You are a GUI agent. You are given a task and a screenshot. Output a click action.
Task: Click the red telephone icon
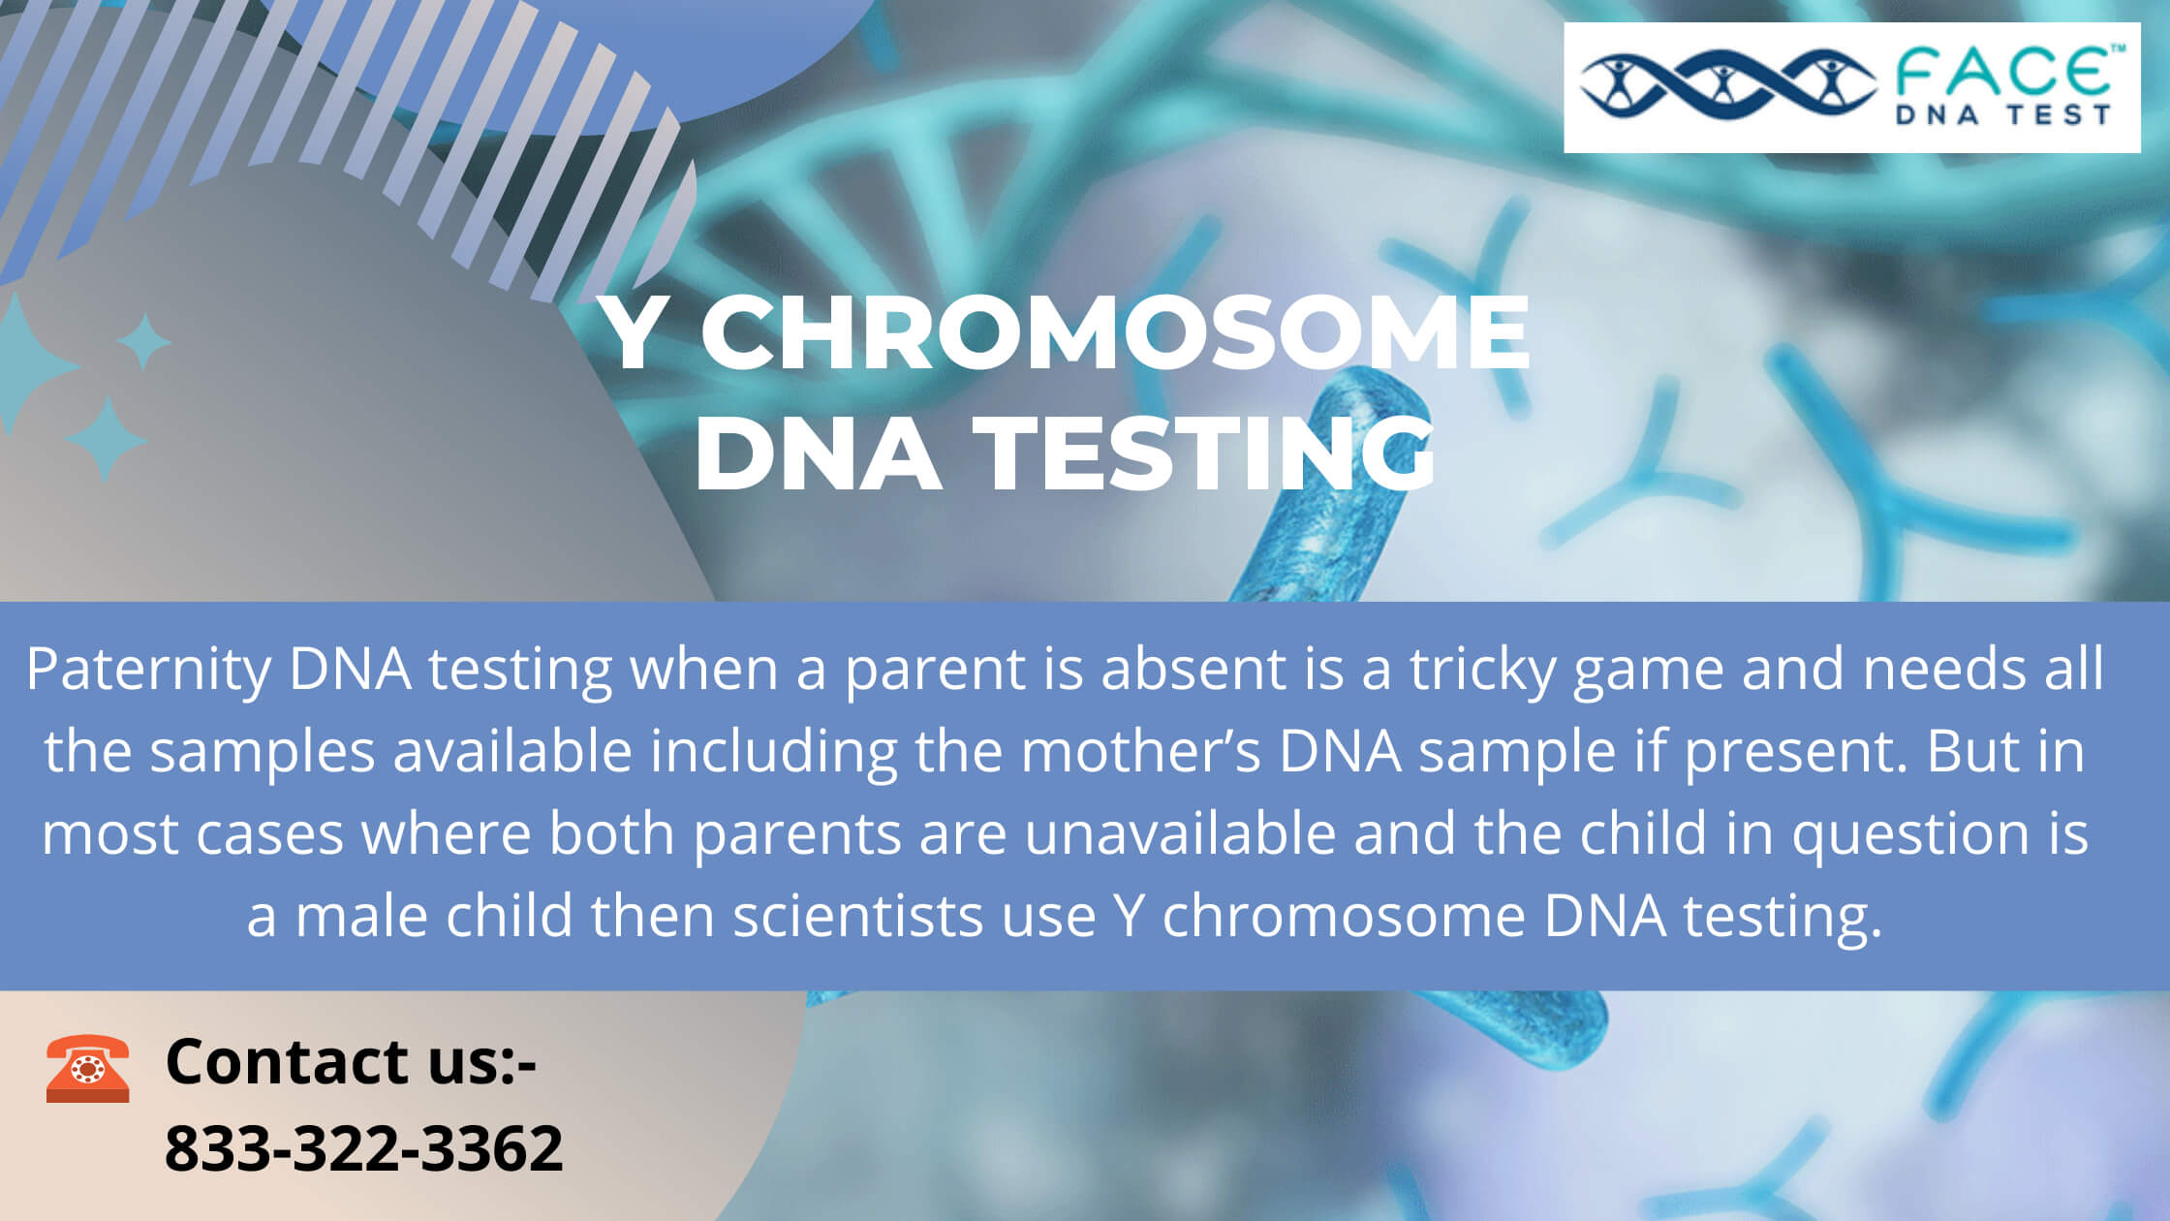pos(87,1068)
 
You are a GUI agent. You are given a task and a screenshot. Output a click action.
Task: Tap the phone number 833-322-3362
pos(363,1148)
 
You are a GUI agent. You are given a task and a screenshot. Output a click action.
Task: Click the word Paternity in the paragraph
pos(149,669)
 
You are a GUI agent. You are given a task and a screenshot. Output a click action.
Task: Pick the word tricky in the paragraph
pos(1481,669)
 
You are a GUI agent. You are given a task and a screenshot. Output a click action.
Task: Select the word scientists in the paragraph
pos(858,916)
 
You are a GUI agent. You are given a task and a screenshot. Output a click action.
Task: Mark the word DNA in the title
pos(819,454)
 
